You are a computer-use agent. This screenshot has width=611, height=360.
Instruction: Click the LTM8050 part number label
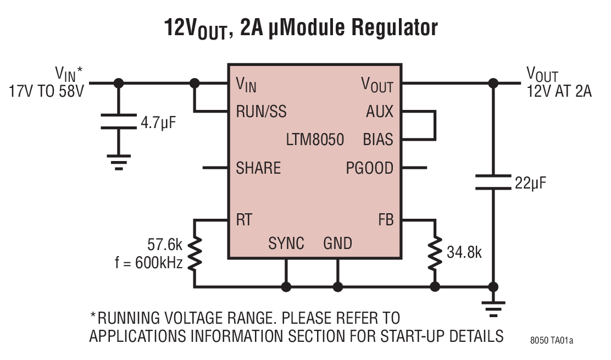pos(314,140)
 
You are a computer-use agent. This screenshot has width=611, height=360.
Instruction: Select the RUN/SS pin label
pos(261,112)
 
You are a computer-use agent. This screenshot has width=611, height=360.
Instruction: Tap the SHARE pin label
pos(258,168)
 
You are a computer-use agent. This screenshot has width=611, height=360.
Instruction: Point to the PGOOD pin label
pos(369,168)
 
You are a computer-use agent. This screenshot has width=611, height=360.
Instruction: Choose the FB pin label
pos(386,220)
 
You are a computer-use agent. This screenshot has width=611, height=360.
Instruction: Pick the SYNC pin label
pos(286,243)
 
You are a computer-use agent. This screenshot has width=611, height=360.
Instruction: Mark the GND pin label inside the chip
pos(337,243)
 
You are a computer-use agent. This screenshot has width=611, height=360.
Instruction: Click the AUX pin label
pos(380,112)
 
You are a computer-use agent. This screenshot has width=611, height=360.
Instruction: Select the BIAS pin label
pos(378,140)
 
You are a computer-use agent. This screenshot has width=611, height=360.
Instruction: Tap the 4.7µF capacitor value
pos(158,122)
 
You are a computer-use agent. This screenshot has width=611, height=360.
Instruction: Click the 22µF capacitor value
pos(530,182)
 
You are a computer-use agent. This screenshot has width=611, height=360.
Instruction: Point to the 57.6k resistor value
pos(165,244)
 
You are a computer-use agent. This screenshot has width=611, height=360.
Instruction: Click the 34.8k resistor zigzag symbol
pos(435,253)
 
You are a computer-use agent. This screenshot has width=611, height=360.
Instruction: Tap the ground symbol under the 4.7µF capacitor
pos(119,162)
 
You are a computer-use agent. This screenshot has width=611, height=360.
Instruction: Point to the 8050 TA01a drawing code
pos(551,340)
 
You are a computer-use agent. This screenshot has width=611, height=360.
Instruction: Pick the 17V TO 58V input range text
pos(46,91)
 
